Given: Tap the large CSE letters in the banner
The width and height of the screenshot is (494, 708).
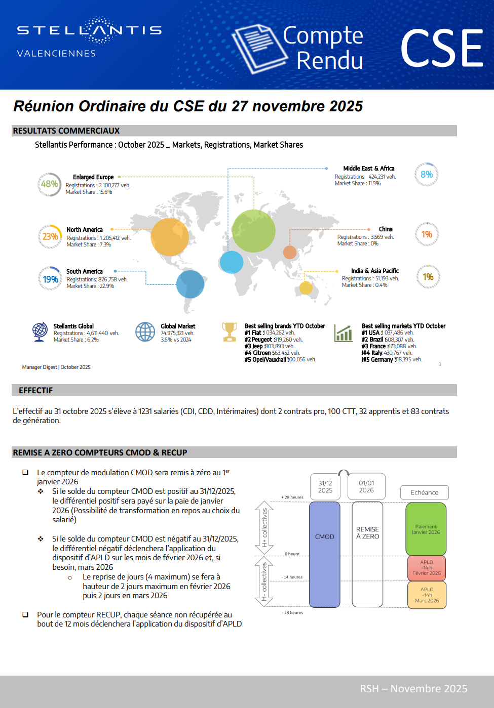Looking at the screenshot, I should point(442,49).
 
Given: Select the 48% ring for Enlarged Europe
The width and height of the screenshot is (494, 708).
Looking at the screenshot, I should point(49,184).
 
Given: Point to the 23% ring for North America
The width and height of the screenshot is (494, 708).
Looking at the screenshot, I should point(50,236).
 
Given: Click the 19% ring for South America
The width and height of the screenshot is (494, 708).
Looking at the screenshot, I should point(50,279).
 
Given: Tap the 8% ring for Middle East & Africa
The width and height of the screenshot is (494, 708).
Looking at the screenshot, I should point(427,175).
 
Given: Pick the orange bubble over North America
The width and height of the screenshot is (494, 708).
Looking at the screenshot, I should point(170,237).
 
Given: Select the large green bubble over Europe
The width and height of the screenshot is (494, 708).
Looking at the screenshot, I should point(253,231).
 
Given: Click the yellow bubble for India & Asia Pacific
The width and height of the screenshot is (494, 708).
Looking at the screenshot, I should point(306,287).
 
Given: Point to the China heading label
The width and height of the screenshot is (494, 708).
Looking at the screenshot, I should point(386,229).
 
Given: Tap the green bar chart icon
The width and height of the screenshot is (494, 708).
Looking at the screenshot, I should point(344,334).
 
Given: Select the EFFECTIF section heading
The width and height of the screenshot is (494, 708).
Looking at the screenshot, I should point(35,390).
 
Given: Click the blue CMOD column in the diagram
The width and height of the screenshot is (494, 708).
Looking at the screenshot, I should point(325,554).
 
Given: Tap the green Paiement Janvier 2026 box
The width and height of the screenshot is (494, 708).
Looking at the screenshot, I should point(426,529).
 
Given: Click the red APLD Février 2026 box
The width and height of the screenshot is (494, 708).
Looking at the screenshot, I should point(427,568).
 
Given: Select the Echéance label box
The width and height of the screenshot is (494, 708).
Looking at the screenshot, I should point(425,492).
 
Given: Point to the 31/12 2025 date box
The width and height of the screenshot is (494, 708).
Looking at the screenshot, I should point(325,487).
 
